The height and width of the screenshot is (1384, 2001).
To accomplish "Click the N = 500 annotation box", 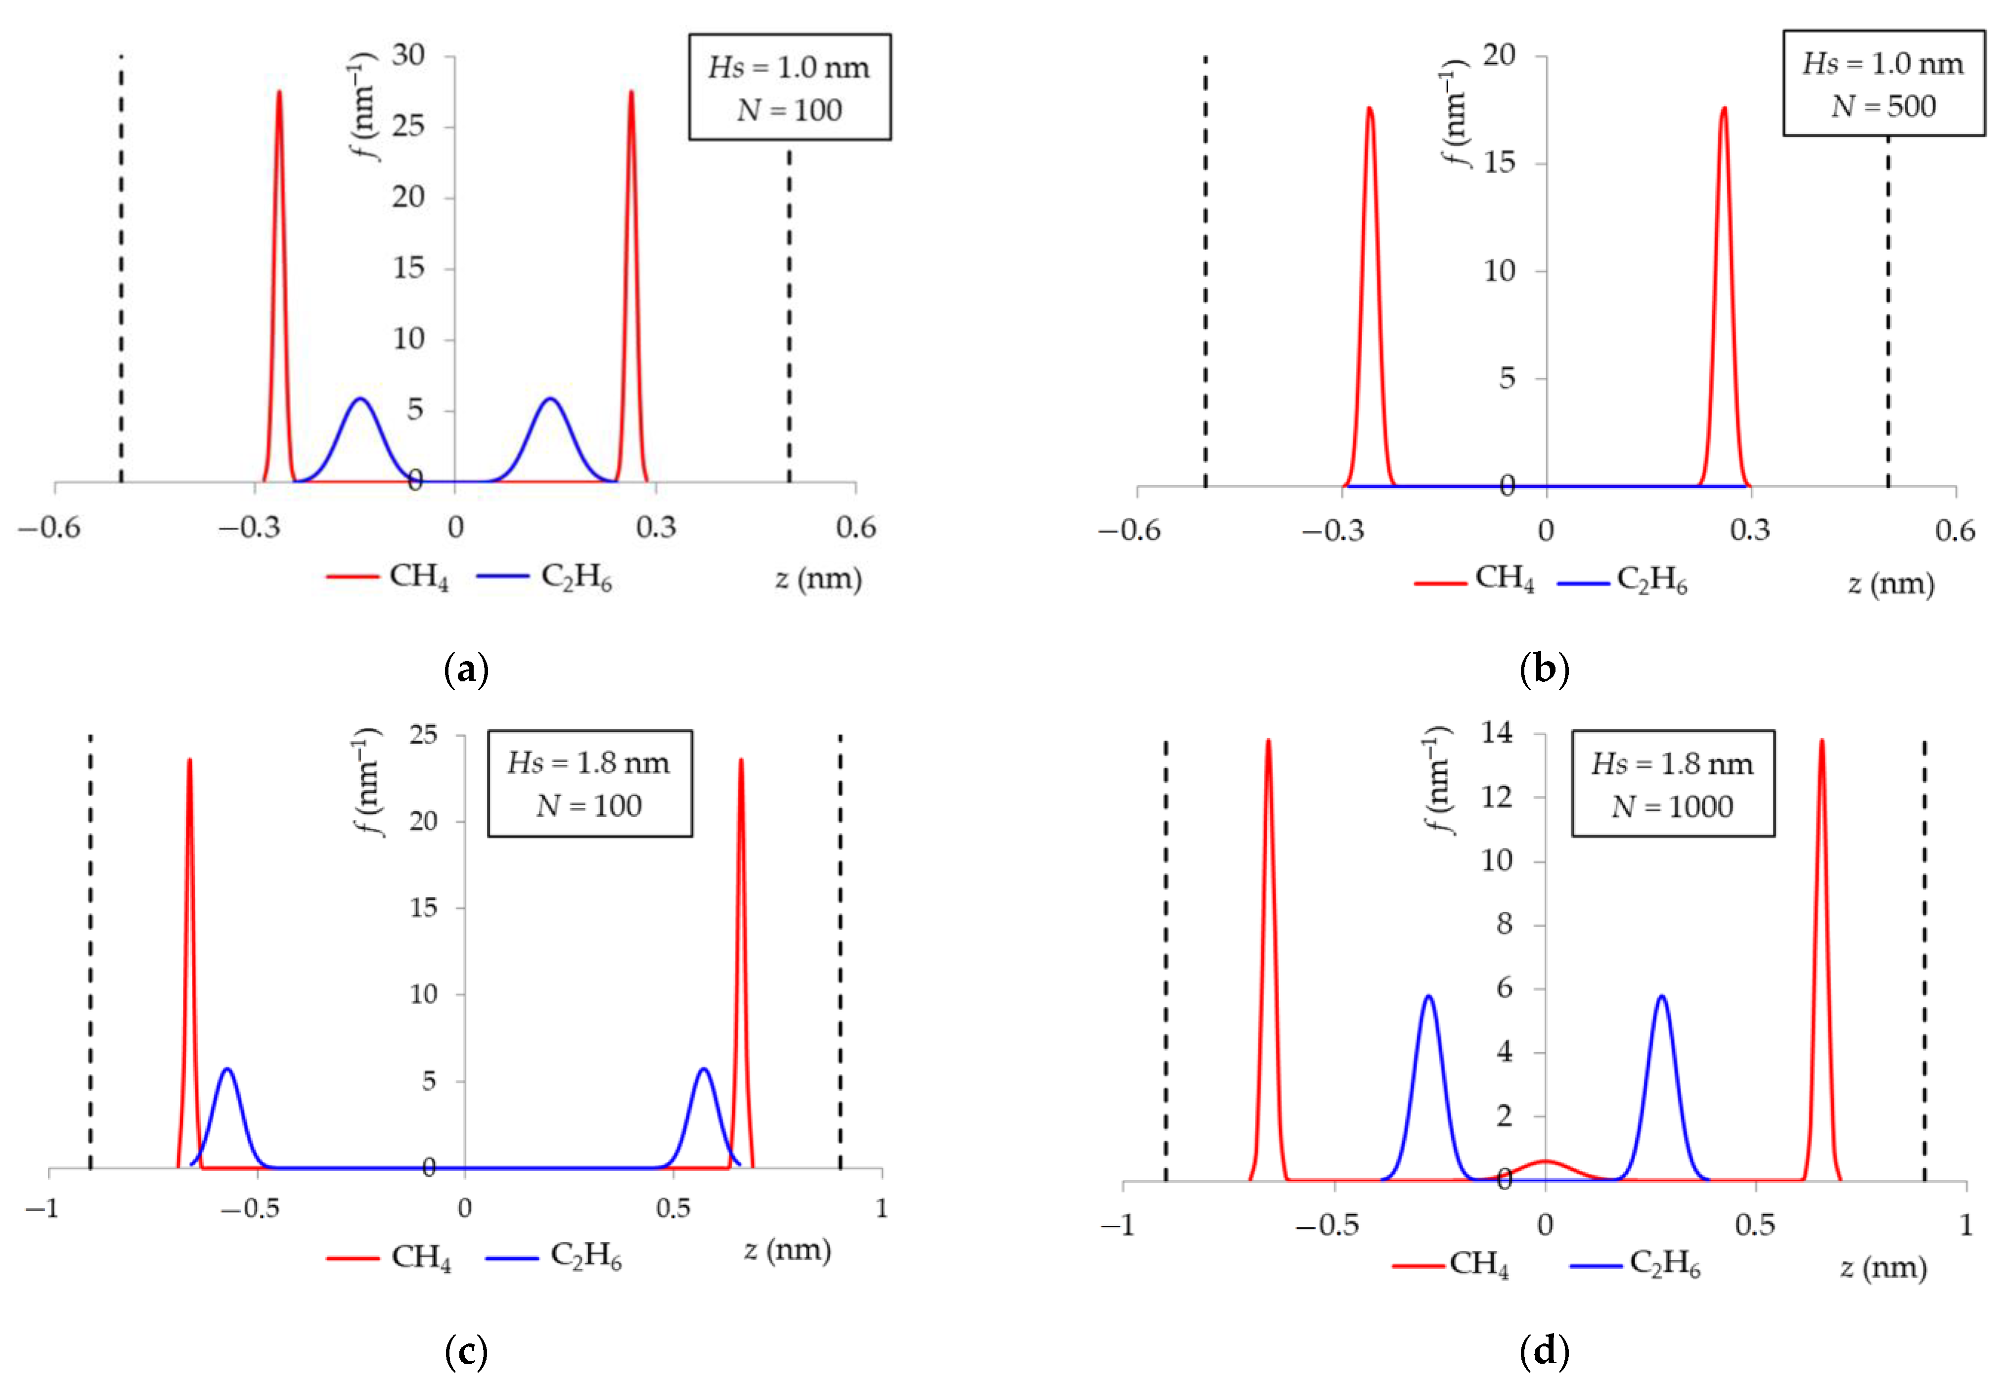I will coord(1883,84).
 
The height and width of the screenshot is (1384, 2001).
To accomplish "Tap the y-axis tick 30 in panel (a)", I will coord(408,55).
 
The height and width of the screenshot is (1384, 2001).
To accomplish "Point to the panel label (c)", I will coord(466,1350).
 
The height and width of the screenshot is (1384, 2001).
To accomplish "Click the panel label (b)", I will coord(1544,670).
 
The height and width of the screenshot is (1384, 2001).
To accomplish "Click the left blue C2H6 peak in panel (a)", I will coord(360,401).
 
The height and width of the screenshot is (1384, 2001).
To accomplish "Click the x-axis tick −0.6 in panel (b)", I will coord(1129,531).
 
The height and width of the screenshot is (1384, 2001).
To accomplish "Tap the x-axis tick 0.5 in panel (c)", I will coord(673,1208).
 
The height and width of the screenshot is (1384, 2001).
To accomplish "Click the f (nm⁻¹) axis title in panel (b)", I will coord(1456,113).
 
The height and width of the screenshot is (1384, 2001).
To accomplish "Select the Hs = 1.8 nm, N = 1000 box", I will coord(1672,784).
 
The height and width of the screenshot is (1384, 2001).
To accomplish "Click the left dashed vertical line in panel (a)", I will coord(121,269).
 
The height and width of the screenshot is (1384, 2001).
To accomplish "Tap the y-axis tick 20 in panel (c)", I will coord(424,821).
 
